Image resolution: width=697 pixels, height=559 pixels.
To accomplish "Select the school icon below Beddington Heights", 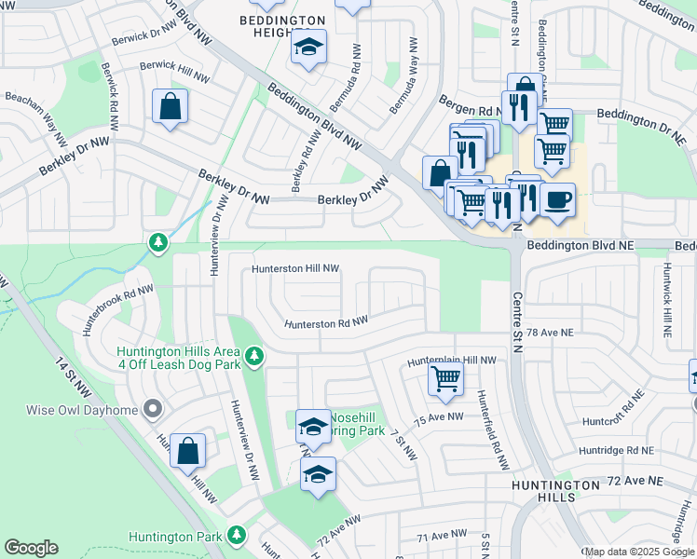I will tap(307, 48).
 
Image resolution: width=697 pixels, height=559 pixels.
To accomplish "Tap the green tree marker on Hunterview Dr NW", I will tap(158, 243).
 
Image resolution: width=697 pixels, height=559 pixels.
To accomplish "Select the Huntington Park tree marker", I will tap(237, 535).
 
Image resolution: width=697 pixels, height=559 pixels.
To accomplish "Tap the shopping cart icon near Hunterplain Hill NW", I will tap(445, 379).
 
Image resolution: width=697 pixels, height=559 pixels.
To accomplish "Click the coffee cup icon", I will tap(557, 199).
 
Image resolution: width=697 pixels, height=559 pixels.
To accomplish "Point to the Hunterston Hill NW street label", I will tap(295, 268).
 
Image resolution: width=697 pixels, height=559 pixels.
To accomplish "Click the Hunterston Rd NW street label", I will tap(326, 322).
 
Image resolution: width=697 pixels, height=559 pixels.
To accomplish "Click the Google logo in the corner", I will tap(31, 548).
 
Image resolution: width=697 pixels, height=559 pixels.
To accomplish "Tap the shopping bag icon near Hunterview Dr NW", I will tap(187, 451).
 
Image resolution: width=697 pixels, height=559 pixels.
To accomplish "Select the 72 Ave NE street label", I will tap(635, 480).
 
